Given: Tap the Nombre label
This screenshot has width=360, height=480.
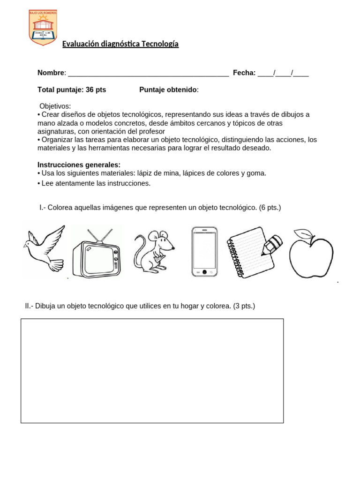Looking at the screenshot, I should (x=51, y=73).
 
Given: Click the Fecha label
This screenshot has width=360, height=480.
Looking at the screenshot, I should (x=244, y=73).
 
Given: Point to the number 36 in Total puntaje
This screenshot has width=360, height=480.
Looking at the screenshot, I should (x=90, y=90).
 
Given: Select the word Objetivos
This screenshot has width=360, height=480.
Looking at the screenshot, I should (x=55, y=106).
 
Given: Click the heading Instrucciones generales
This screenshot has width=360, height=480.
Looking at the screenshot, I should (x=79, y=165).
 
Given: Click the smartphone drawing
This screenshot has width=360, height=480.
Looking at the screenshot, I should (x=204, y=252).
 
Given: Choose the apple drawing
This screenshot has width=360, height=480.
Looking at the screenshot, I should (x=311, y=255).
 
